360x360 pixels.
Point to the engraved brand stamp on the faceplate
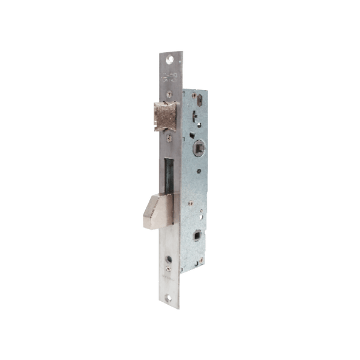coord(169,77)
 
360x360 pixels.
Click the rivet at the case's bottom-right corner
coord(205,257)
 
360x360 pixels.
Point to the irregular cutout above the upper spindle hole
coord(197,122)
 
